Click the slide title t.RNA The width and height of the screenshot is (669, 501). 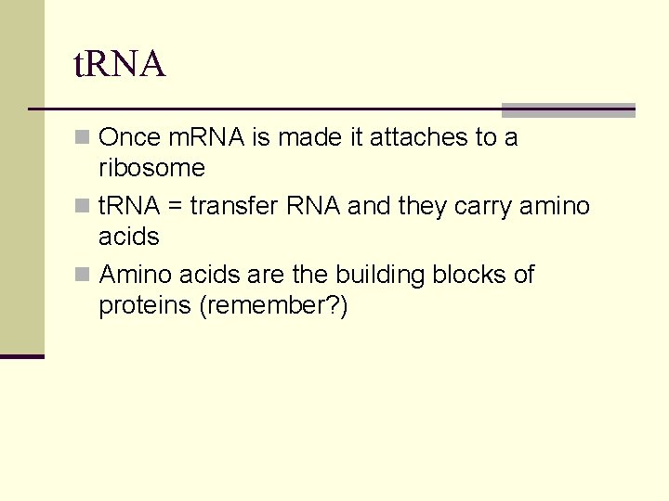tap(119, 65)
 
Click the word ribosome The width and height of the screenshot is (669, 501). tap(151, 168)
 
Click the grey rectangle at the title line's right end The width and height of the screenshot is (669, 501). tap(568, 109)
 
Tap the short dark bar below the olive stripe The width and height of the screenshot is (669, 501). tap(21, 356)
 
